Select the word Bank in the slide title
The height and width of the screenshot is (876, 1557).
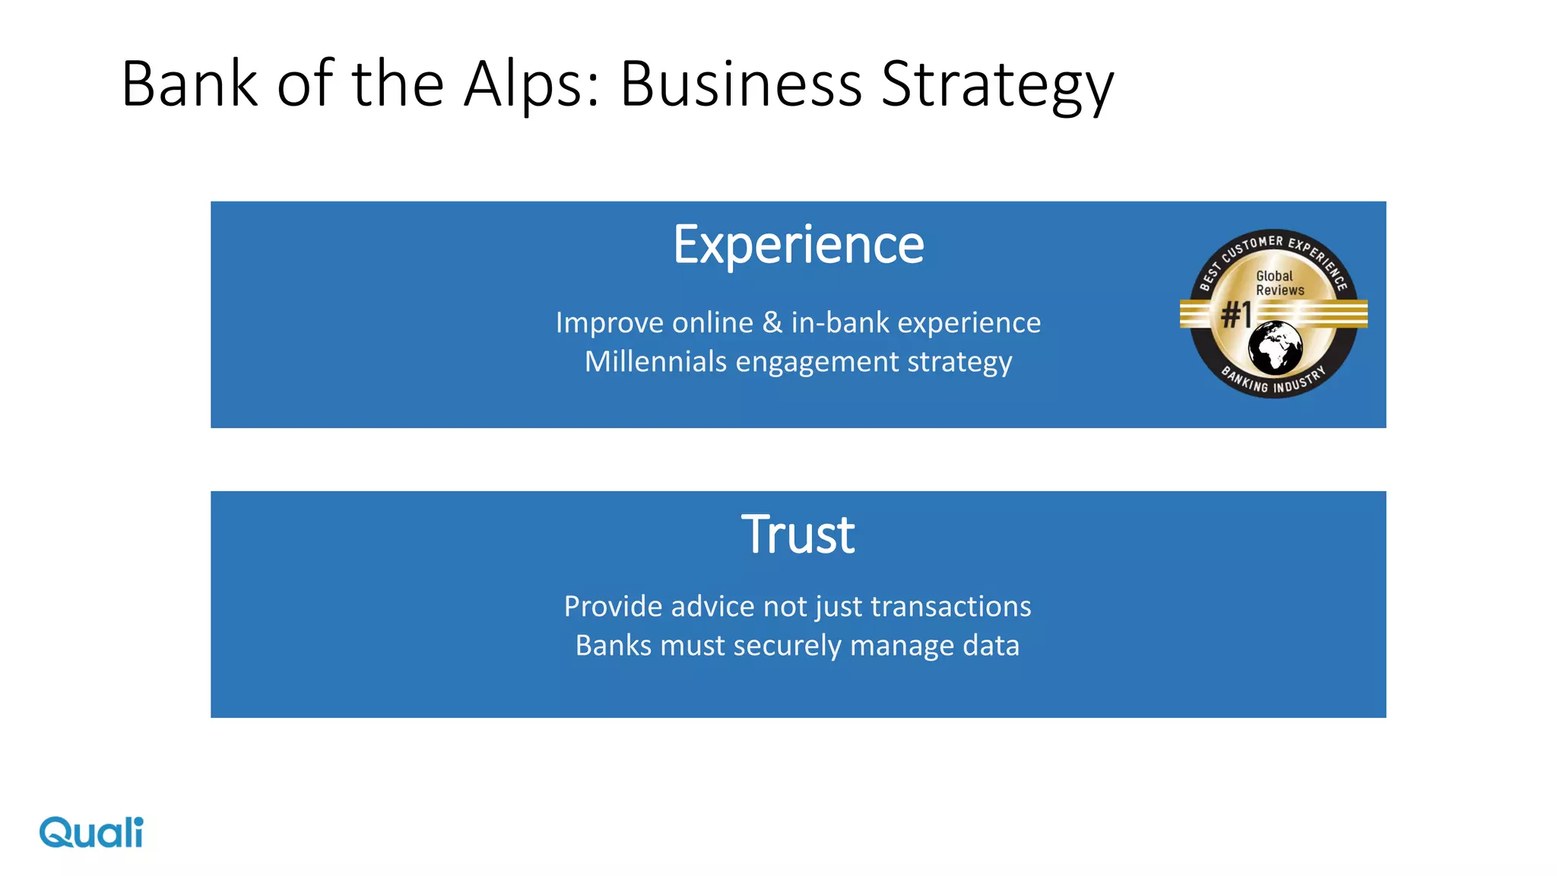[189, 84]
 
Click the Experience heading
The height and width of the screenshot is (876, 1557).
[798, 245]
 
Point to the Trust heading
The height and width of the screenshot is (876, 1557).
[798, 535]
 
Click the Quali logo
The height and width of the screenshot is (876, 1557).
[91, 832]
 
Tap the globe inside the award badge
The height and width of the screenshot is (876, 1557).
[1275, 348]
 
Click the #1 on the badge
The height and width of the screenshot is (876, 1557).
[1236, 313]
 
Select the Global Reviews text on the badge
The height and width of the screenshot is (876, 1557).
[1278, 283]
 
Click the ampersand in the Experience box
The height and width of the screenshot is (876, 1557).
[772, 322]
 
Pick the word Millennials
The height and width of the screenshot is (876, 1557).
[655, 361]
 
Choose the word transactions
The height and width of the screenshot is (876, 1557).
[950, 606]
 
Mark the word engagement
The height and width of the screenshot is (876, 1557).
[817, 363]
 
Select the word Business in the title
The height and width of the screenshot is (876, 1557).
[741, 84]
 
